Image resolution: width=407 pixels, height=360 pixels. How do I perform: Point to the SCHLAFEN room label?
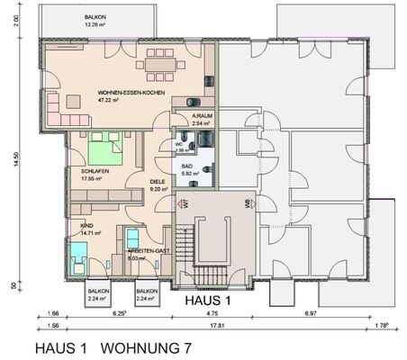point(95,169)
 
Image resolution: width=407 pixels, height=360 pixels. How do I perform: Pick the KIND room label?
point(87,224)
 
